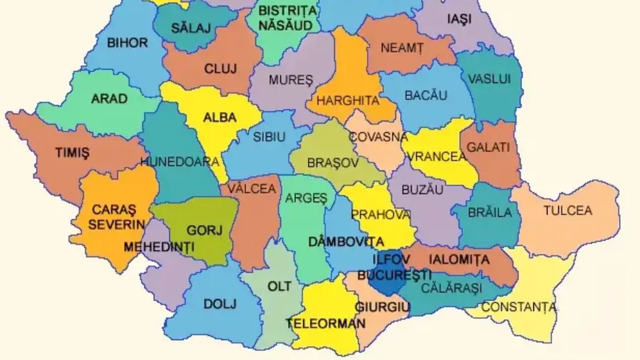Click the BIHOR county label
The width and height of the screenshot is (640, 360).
point(127,43)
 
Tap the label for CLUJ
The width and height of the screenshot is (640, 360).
point(221,69)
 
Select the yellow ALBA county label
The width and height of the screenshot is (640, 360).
point(220,117)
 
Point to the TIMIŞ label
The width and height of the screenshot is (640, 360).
point(72,153)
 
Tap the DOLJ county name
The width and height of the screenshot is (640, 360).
point(220,304)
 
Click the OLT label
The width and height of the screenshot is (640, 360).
point(280,286)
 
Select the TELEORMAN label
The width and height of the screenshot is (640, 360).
point(325,324)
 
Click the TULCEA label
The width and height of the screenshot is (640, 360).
point(568,211)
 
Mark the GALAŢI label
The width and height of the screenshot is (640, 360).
point(489,146)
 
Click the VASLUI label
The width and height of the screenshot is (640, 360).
point(489,79)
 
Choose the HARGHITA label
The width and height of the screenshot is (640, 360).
point(348,101)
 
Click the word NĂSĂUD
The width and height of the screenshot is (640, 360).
point(285,25)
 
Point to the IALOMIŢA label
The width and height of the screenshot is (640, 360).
point(459,260)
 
